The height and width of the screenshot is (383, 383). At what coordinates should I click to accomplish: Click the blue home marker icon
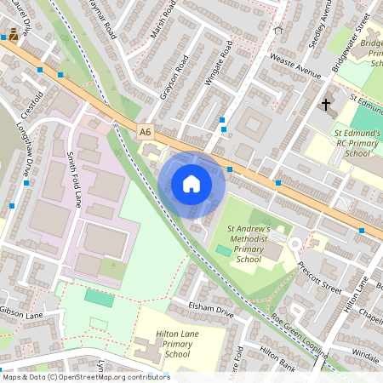[x=191, y=183]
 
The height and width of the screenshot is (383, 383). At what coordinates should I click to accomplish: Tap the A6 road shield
[x=146, y=132]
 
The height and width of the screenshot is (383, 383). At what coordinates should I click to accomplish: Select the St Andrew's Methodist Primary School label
[x=249, y=243]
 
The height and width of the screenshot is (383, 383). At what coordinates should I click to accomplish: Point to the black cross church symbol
[x=325, y=105]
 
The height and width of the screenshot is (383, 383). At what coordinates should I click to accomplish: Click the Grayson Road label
[x=172, y=77]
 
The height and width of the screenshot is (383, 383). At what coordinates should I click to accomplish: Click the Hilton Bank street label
[x=276, y=354]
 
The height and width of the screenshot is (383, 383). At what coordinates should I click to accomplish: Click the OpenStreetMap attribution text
[x=86, y=377]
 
